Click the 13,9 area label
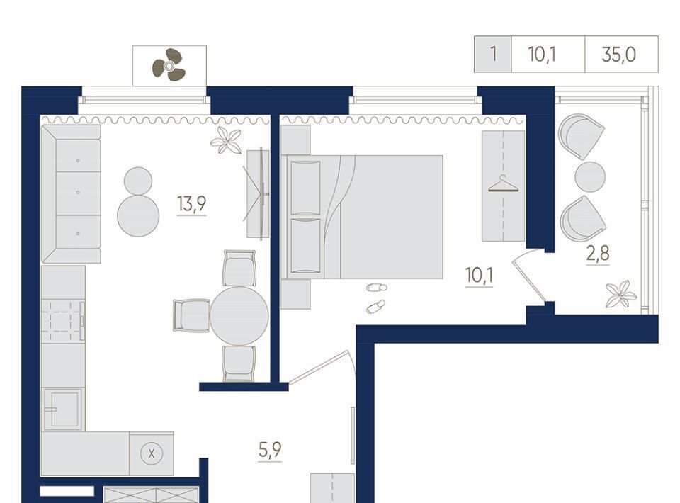(191, 204)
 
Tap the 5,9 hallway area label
(270, 449)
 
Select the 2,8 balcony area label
(598, 253)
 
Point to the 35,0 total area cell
(619, 55)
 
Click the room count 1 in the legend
(493, 55)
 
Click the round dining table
(239, 316)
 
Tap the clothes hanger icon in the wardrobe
(503, 184)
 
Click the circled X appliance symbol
(152, 454)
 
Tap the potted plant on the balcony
(621, 294)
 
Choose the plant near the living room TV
(226, 140)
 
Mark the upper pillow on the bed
(306, 187)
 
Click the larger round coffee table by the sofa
(138, 215)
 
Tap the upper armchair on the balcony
(581, 136)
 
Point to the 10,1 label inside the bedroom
(479, 275)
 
